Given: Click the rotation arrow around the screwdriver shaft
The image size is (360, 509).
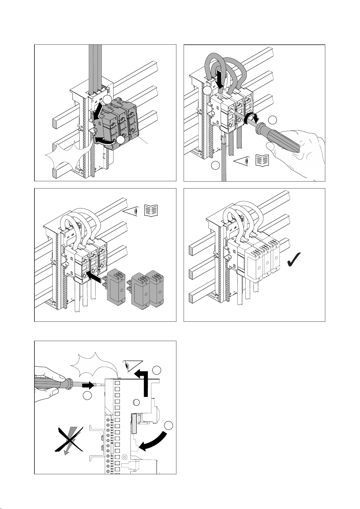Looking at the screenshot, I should (x=251, y=119).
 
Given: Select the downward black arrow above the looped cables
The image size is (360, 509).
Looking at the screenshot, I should (x=220, y=79).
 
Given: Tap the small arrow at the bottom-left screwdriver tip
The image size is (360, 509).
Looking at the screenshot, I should (x=88, y=386).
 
